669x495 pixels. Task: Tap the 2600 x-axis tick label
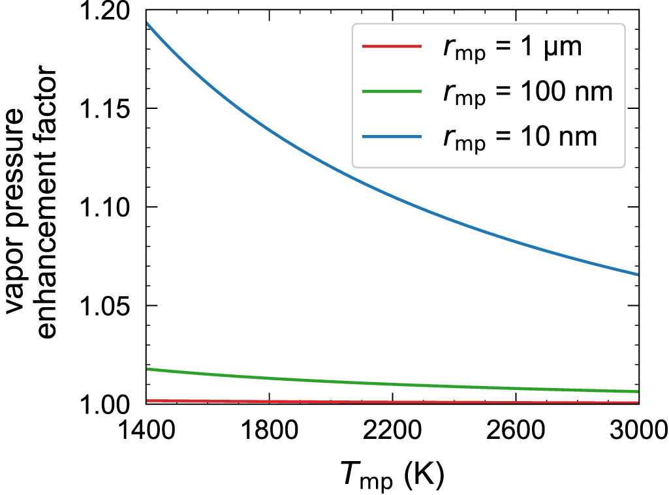(516, 432)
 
